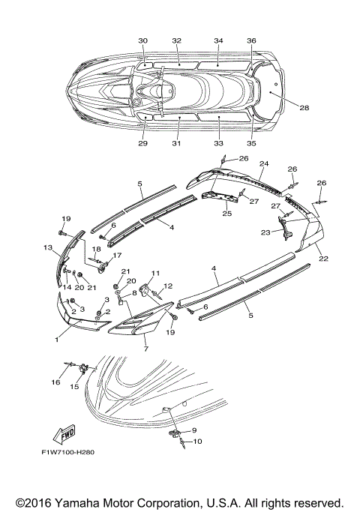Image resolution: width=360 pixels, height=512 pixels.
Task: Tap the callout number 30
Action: [x=143, y=40]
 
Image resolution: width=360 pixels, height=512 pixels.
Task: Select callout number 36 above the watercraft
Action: [x=251, y=40]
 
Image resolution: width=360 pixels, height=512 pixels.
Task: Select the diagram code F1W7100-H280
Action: [x=68, y=452]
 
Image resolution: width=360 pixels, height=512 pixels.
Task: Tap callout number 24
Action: [x=264, y=163]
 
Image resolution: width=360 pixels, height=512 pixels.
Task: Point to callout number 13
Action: [x=47, y=247]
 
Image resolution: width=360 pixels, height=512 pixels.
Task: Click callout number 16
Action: [x=55, y=382]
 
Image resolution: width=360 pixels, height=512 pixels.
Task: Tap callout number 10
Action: [x=198, y=442]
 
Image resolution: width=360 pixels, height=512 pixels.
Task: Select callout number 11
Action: [x=155, y=273]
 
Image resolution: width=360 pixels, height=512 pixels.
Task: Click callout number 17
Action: [x=116, y=256]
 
